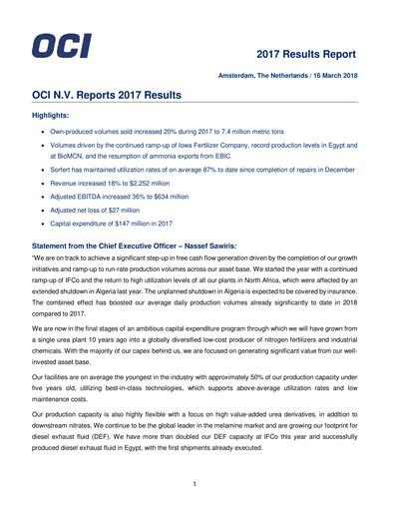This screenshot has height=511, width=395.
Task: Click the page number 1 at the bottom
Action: point(197,483)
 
